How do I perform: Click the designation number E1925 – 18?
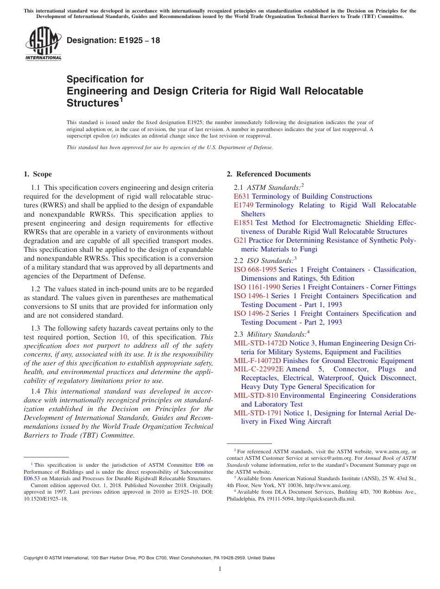click(113, 41)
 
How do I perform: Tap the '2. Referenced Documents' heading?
click(269, 174)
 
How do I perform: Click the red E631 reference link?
click(242, 196)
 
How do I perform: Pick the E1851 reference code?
click(244, 223)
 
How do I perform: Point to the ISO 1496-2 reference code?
click(251, 313)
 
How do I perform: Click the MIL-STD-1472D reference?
click(261, 343)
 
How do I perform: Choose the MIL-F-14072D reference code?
click(258, 361)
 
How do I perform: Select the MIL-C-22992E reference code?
click(259, 369)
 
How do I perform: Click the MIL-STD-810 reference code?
click(256, 395)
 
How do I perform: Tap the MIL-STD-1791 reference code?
click(258, 413)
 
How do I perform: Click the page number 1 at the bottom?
click(220, 569)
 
